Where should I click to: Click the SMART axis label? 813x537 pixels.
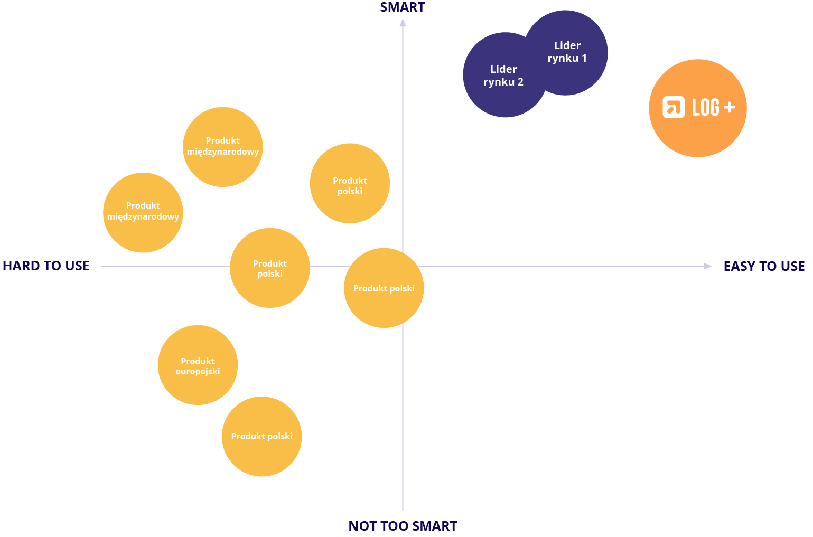pos(402,7)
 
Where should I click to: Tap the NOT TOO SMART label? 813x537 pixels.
pos(403,526)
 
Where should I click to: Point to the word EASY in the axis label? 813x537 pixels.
pos(738,266)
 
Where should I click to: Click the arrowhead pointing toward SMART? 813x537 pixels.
pos(403,23)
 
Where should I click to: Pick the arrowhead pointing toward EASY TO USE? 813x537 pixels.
pos(708,266)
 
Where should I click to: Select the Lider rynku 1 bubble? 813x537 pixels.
pos(566,53)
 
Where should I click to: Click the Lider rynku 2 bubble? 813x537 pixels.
pos(504,75)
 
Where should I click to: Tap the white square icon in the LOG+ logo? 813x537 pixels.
pos(674,107)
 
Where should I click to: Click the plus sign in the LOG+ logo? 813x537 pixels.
pos(729,107)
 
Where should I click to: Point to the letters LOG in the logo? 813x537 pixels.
pos(706,107)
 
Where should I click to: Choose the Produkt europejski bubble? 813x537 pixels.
pos(198,365)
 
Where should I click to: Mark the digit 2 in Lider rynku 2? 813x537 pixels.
pos(520,82)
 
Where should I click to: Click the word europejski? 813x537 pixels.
pos(198,372)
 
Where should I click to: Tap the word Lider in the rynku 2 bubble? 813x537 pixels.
pos(503,69)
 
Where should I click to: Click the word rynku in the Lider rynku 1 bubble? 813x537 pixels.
pos(563,59)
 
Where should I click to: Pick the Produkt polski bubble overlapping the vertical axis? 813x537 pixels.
pos(384,288)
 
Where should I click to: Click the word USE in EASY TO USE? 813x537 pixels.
pos(793,266)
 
